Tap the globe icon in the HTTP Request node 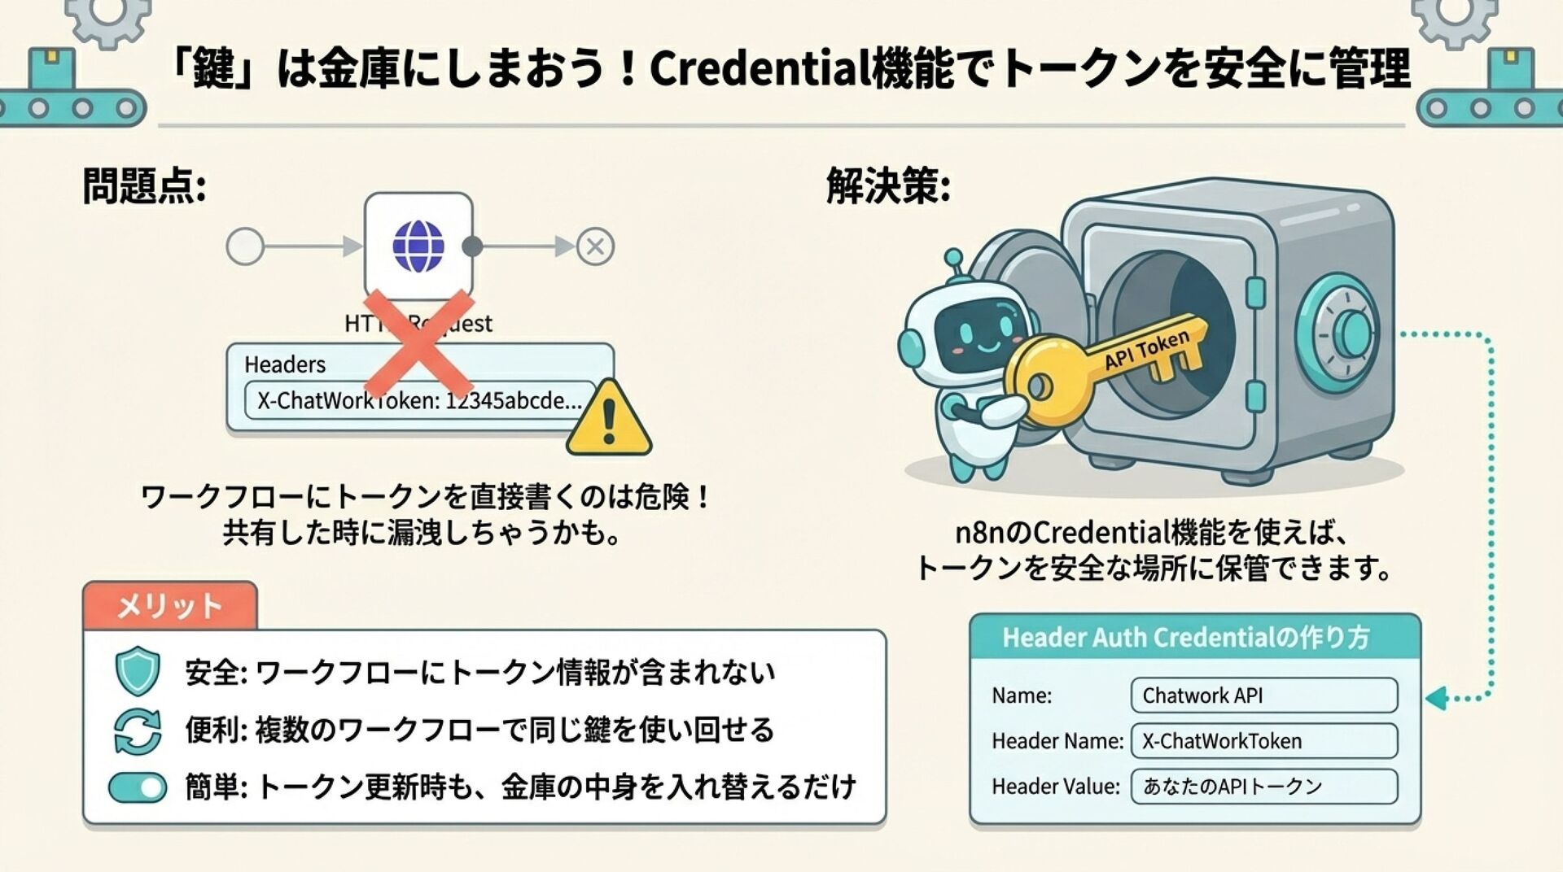[418, 246]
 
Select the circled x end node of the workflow [595, 246]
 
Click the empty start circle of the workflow [245, 246]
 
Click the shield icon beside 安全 [138, 671]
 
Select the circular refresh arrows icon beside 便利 [138, 730]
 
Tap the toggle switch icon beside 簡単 [138, 787]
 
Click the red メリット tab [169, 606]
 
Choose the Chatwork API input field [1263, 695]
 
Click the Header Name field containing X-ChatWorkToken [1263, 741]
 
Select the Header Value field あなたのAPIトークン [1263, 787]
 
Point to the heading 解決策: [888, 186]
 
